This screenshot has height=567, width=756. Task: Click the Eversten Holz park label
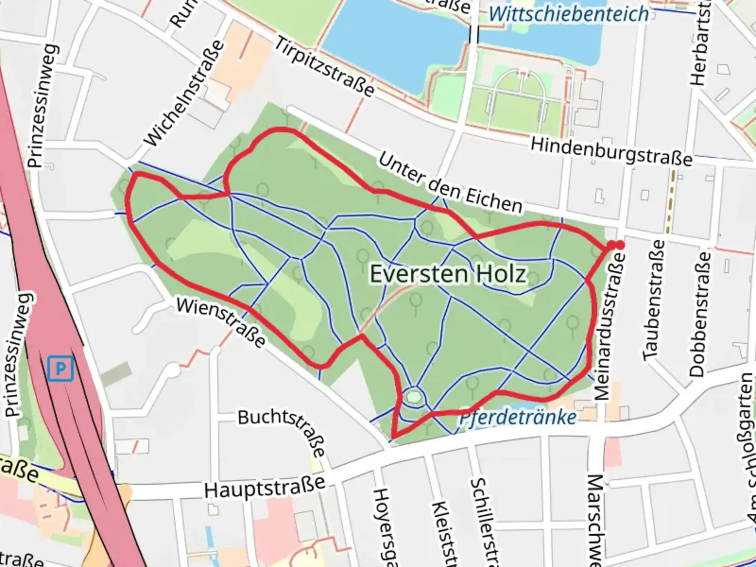448,274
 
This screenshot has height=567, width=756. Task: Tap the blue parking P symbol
60,369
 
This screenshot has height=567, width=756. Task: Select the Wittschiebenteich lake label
569,14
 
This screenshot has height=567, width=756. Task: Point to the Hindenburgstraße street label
611,151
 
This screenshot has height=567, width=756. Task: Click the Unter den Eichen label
450,183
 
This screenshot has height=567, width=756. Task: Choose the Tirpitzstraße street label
325,67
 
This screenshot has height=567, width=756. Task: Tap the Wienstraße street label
221,322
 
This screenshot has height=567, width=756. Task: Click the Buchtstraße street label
282,430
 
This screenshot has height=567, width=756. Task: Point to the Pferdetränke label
518,418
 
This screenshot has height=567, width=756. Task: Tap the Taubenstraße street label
653,300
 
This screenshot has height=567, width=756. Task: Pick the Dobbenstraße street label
700,314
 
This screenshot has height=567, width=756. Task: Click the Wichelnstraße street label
184,93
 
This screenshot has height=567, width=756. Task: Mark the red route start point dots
615,245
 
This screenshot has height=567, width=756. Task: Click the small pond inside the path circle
414,396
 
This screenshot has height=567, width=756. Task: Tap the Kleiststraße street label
444,533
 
